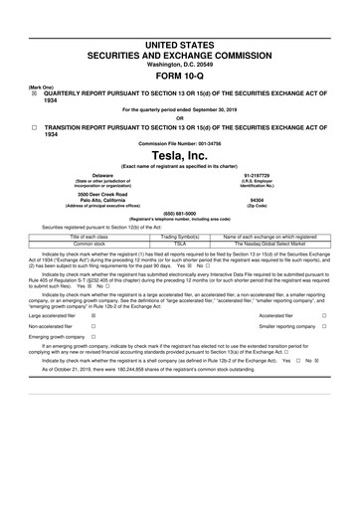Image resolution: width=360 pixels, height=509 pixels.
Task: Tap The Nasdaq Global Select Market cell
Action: pyautogui.click(x=269, y=242)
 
